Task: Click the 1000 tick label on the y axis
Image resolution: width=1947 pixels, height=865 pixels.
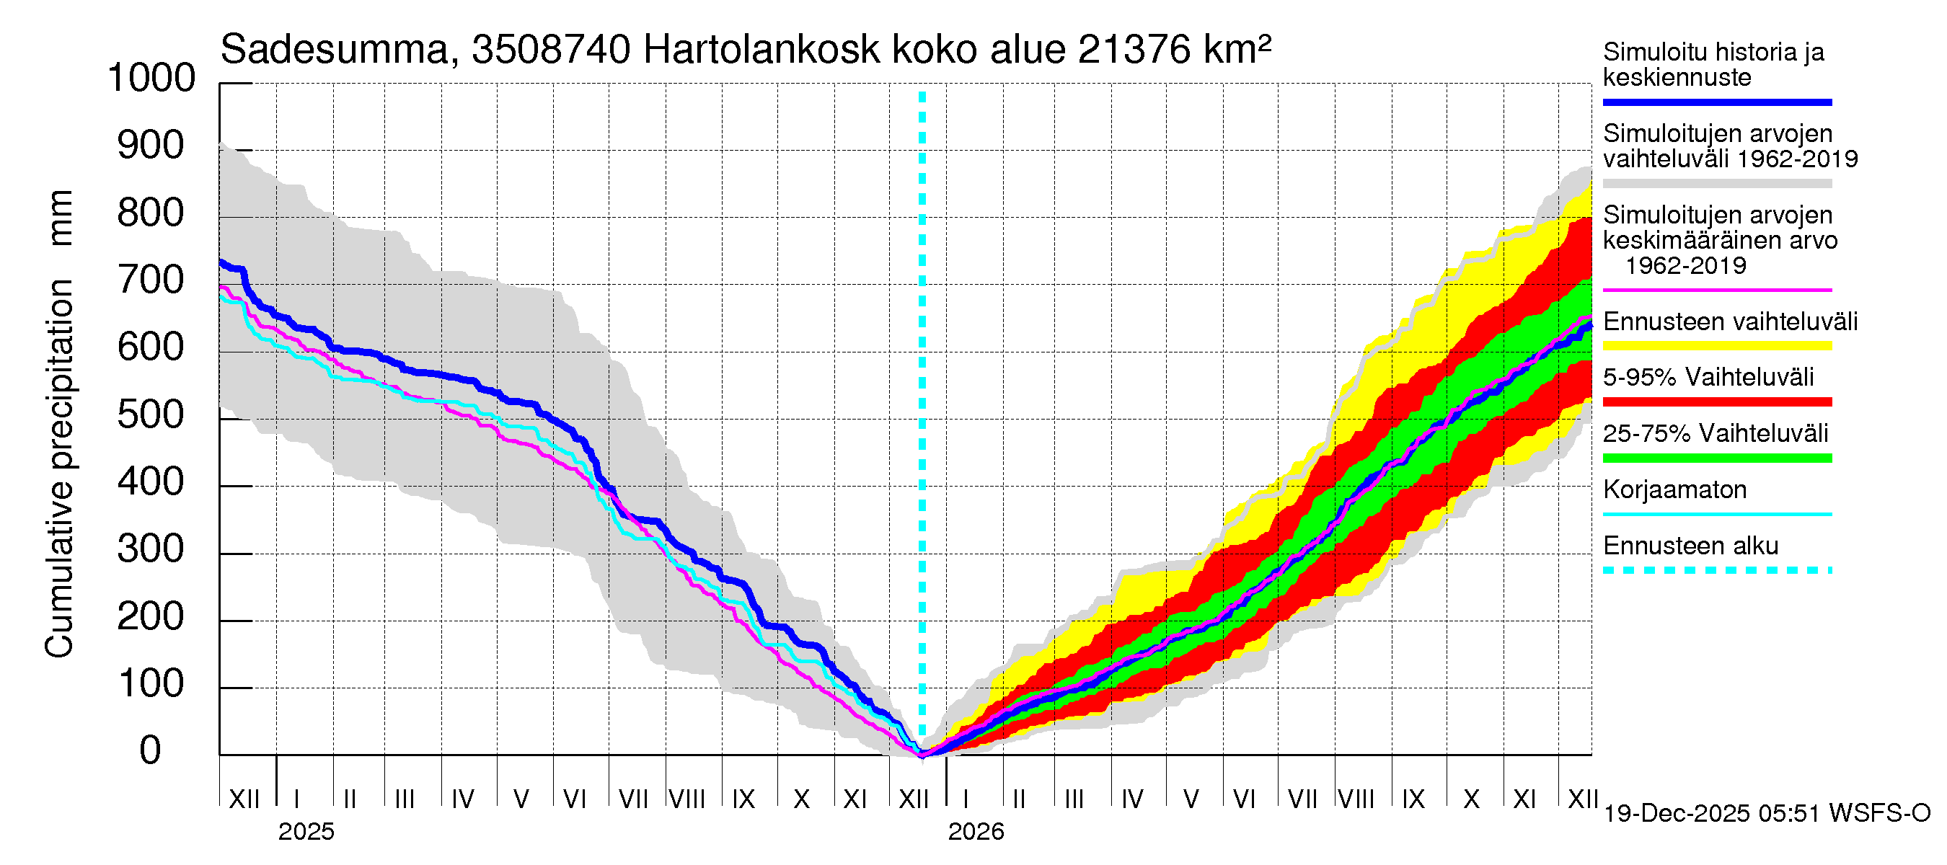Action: tap(151, 79)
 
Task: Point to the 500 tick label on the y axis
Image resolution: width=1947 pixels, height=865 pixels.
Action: tap(151, 414)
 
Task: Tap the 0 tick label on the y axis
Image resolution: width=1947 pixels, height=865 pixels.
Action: tap(151, 751)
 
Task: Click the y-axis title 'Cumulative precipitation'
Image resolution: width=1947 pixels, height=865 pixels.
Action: tap(59, 469)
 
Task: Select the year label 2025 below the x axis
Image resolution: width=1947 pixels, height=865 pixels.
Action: tap(306, 832)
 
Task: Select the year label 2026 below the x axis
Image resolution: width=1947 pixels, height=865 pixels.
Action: tap(976, 832)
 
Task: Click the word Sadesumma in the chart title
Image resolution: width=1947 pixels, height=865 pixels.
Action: tap(334, 50)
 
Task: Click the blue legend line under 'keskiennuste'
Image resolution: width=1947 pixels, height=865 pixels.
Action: tap(1716, 102)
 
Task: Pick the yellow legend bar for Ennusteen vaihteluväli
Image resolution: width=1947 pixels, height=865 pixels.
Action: tap(1716, 346)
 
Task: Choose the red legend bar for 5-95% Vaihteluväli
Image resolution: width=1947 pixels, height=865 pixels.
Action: tap(1716, 402)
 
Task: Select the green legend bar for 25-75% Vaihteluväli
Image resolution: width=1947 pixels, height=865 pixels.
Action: tap(1716, 458)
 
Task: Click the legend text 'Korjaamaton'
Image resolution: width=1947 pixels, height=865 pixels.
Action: tap(1674, 489)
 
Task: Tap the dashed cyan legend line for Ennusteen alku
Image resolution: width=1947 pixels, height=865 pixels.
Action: tap(1716, 570)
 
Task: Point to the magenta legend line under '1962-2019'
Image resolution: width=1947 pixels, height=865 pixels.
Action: tap(1716, 290)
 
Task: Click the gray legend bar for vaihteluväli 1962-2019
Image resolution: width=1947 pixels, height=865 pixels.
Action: tap(1716, 184)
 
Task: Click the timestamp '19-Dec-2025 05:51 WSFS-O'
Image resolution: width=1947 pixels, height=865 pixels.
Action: tap(1766, 814)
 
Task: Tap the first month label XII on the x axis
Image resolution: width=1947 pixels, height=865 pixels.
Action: tap(244, 799)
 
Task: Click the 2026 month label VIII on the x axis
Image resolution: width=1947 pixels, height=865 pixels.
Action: tap(1356, 799)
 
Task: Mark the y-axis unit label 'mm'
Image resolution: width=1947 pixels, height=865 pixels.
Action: tap(61, 218)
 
